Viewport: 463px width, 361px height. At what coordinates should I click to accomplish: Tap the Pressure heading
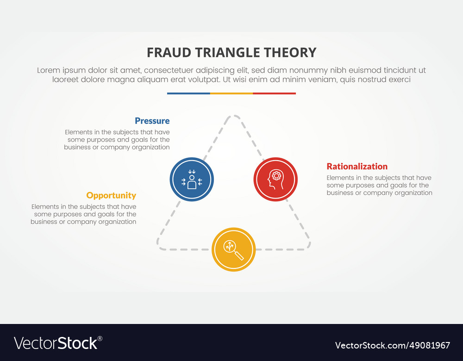click(152, 121)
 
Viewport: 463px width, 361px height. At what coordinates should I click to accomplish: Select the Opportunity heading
click(111, 195)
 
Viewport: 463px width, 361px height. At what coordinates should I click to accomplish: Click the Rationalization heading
click(357, 167)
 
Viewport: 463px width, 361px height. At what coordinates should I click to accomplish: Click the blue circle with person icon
click(192, 179)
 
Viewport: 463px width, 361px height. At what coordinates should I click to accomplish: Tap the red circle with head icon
click(275, 179)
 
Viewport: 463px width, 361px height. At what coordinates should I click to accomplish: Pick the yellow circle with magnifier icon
click(234, 249)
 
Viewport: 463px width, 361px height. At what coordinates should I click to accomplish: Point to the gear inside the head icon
click(276, 175)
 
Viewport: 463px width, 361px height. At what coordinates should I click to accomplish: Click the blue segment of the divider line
click(188, 93)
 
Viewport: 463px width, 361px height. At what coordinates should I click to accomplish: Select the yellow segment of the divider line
click(231, 93)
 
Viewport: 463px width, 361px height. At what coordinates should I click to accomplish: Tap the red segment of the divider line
click(274, 93)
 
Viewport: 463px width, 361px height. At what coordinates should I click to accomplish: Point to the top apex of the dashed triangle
click(234, 117)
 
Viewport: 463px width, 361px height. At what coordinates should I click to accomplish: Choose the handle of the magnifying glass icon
click(239, 255)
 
